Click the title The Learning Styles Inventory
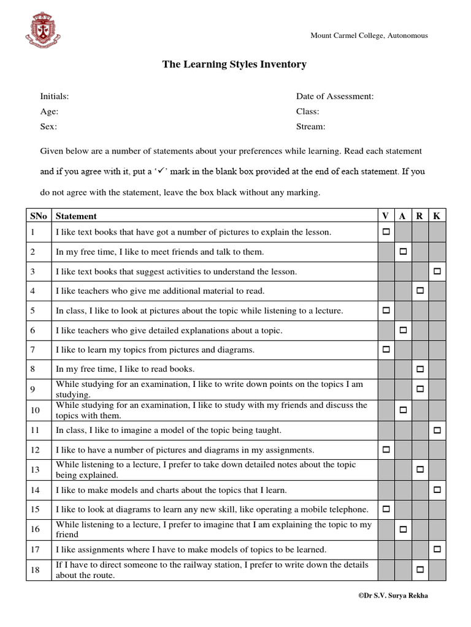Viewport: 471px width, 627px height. (234, 64)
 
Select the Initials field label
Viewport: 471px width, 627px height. (55, 96)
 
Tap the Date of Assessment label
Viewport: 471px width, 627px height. (335, 96)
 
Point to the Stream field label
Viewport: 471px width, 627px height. (311, 127)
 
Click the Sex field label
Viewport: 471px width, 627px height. (48, 127)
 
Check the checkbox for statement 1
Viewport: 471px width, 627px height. (386, 232)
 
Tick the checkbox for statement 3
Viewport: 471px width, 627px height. (437, 271)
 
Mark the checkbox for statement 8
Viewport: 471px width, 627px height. (420, 369)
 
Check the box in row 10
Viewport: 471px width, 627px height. (404, 409)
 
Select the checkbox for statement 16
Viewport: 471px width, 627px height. (404, 529)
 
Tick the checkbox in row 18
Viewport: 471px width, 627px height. (420, 569)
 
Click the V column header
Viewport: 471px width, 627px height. (386, 216)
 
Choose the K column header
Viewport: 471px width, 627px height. (437, 216)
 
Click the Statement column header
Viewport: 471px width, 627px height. (76, 216)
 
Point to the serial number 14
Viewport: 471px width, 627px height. (35, 490)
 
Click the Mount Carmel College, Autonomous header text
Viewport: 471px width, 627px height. (369, 36)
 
